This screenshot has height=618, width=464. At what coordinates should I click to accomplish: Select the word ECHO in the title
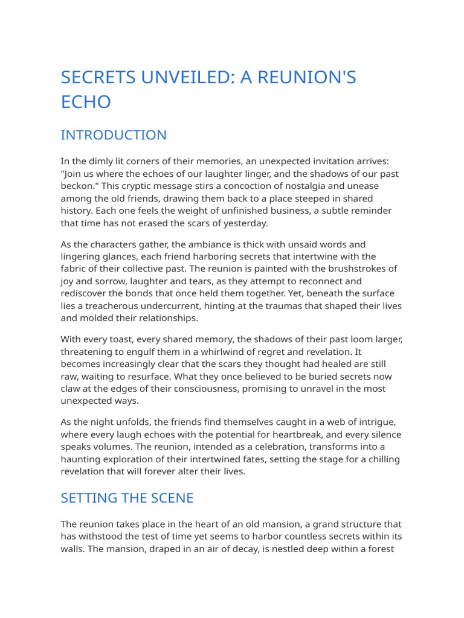(86, 101)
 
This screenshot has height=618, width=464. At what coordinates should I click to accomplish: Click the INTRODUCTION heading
(114, 135)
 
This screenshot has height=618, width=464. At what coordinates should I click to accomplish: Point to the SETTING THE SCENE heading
(127, 498)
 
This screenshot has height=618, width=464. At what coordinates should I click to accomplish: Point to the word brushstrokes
(341, 269)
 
